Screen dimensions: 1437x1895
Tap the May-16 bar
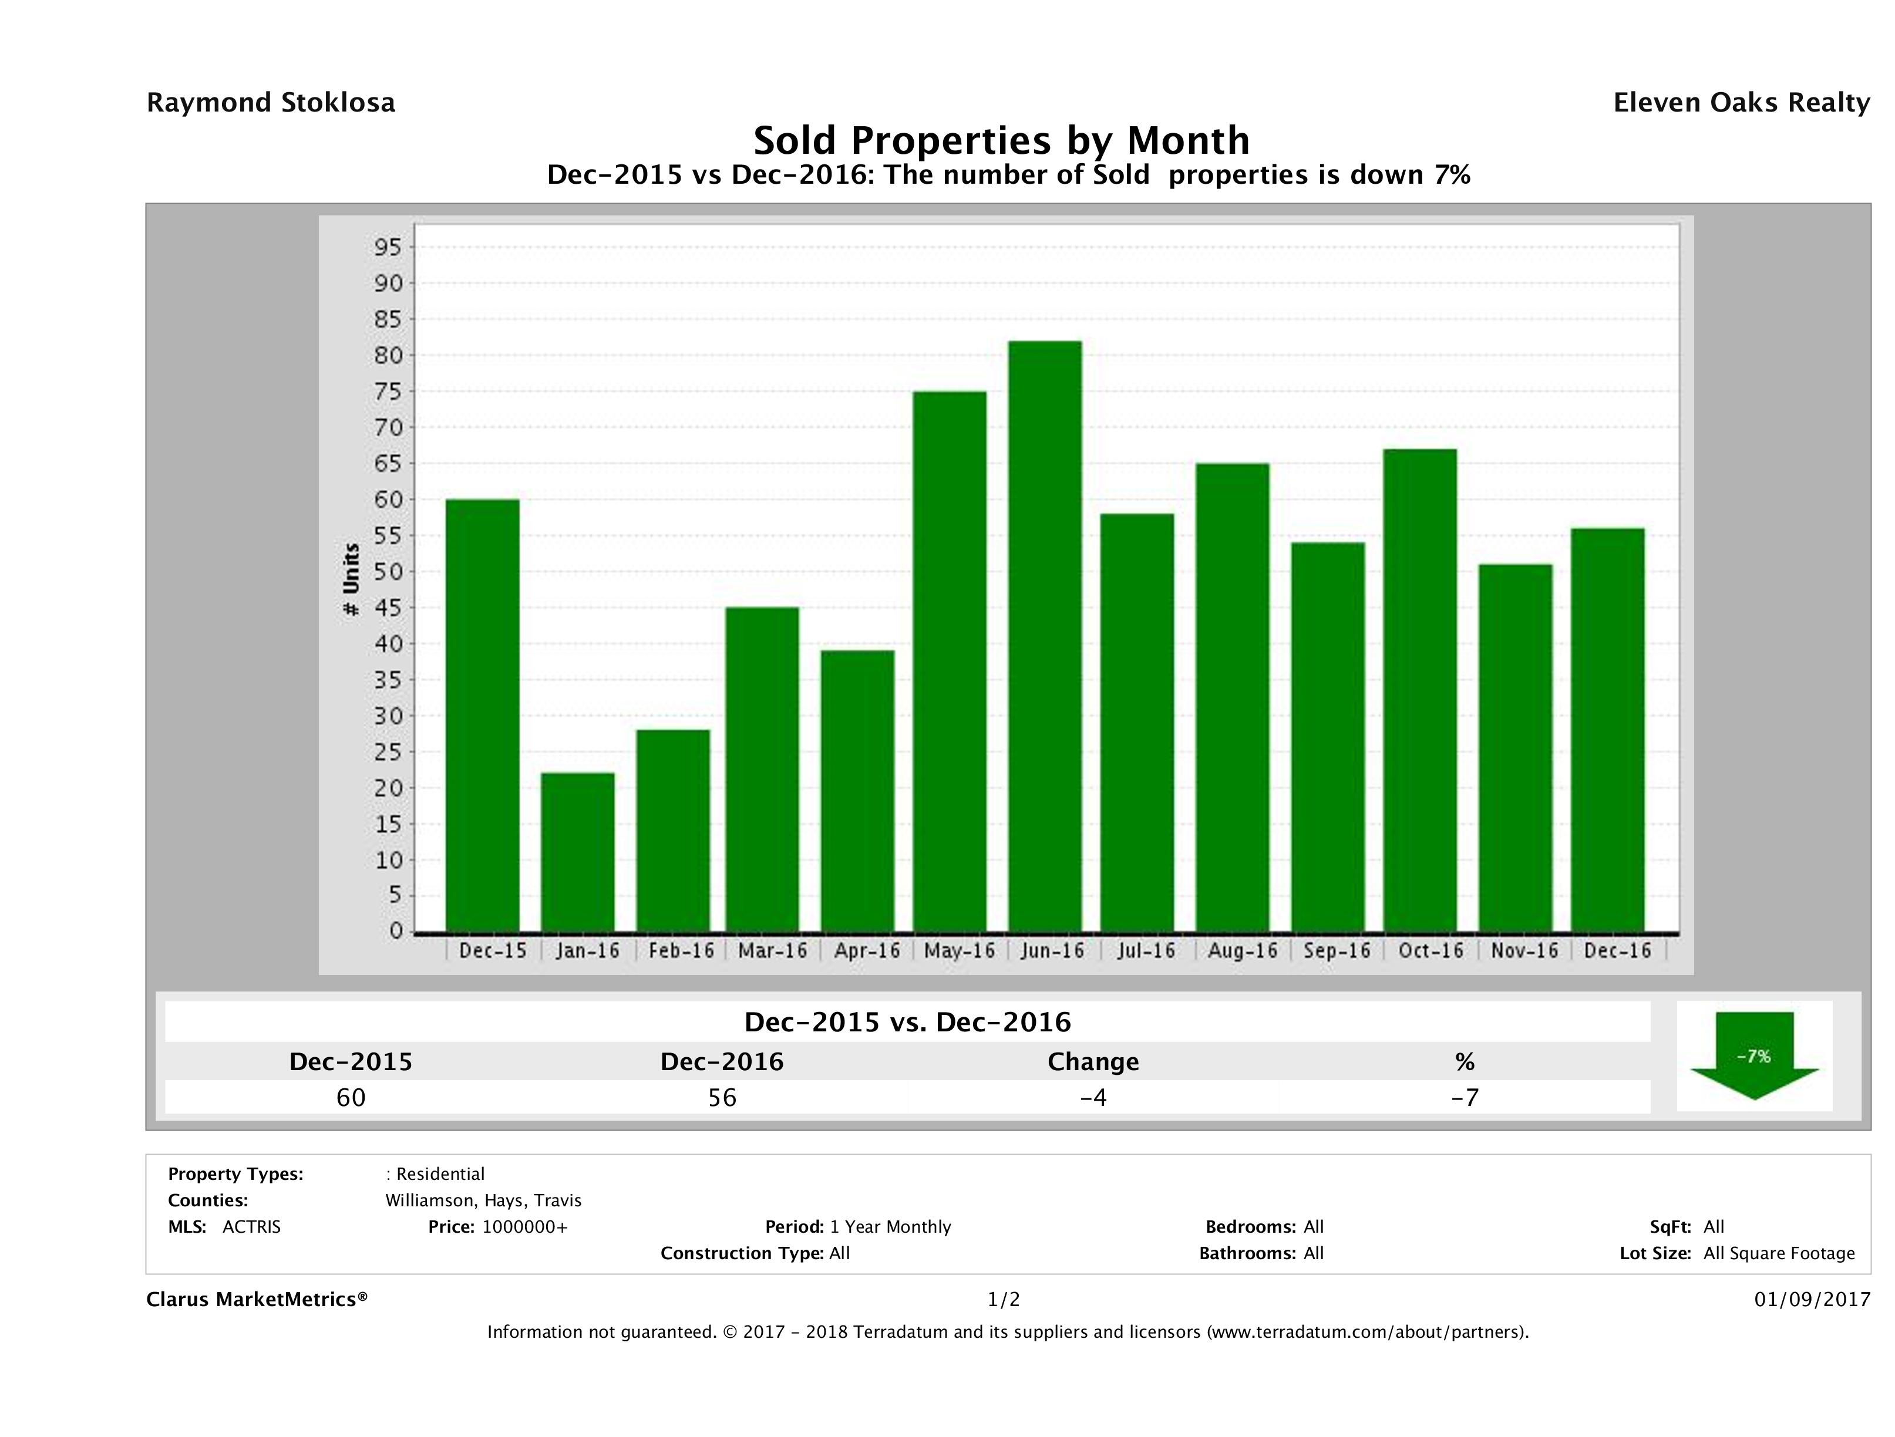coord(949,661)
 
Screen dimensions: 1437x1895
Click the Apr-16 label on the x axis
coord(867,950)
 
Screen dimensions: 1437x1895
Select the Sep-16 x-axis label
coord(1337,950)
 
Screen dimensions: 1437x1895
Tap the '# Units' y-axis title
coord(351,580)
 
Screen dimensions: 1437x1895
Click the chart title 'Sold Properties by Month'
coord(1001,140)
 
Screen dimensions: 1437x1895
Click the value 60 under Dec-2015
coord(351,1098)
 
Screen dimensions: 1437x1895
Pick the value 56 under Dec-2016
coord(722,1098)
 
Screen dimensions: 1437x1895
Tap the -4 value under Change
coord(1093,1098)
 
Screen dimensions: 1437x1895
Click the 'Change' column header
coord(1093,1062)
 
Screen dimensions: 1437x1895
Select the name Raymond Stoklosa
coord(271,103)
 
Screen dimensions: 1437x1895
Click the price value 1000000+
coord(524,1227)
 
